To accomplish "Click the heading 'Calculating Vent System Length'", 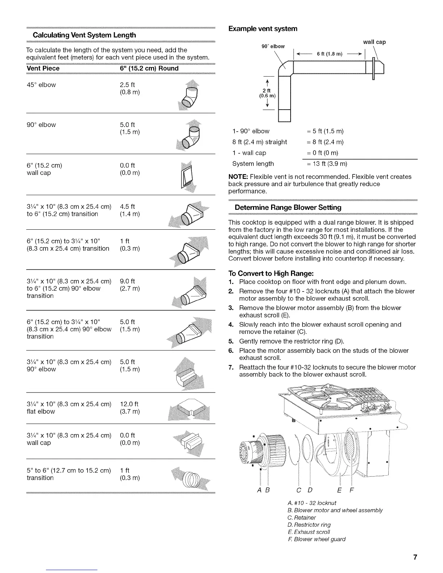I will pyautogui.click(x=84, y=35).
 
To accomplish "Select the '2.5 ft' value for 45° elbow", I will pyautogui.click(x=127, y=85).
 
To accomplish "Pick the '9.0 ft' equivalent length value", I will pyautogui.click(x=127, y=281).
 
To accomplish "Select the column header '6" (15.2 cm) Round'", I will pyautogui.click(x=149, y=68).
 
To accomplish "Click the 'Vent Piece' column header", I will pyautogui.click(x=43, y=68).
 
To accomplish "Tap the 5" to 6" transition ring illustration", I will pyautogui.click(x=190, y=480).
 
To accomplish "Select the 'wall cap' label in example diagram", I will pyautogui.click(x=374, y=42).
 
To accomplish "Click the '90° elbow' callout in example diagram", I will pyautogui.click(x=273, y=46).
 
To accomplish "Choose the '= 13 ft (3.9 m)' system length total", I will pyautogui.click(x=327, y=164).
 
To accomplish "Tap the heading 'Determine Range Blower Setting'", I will pyautogui.click(x=288, y=208).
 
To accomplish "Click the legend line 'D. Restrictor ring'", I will pyautogui.click(x=309, y=525).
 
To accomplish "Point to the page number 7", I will pyautogui.click(x=415, y=557).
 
